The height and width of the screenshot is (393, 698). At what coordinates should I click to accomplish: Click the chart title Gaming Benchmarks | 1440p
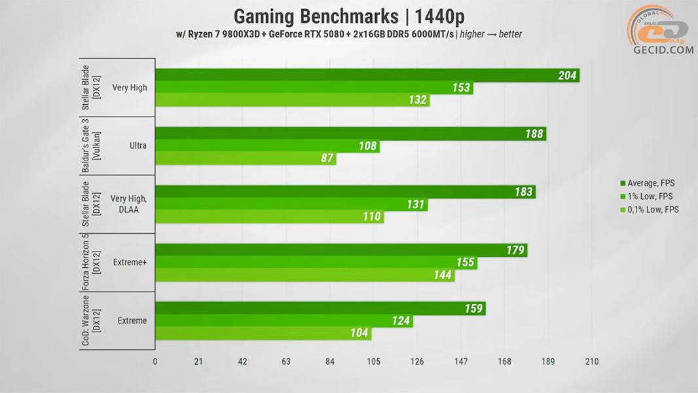pos(348,16)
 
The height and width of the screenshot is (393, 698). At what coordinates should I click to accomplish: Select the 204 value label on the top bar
pos(567,75)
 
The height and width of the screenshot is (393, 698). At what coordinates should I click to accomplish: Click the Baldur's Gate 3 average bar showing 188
pos(350,134)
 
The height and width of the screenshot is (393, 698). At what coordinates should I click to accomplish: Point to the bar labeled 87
pos(246,159)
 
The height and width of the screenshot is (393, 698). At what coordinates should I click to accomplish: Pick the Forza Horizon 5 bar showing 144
pos(304,275)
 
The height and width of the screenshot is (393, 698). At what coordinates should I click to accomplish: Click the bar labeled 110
pos(269,217)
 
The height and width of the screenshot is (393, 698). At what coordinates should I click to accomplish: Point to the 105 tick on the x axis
pos(373,362)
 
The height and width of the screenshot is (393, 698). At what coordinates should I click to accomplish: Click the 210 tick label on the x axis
pos(592,362)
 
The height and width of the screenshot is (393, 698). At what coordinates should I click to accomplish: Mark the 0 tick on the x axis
pos(155,362)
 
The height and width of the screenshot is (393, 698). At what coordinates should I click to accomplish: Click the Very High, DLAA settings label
pos(128,204)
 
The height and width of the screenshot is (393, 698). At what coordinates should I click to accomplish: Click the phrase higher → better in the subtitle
pos(490,34)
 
